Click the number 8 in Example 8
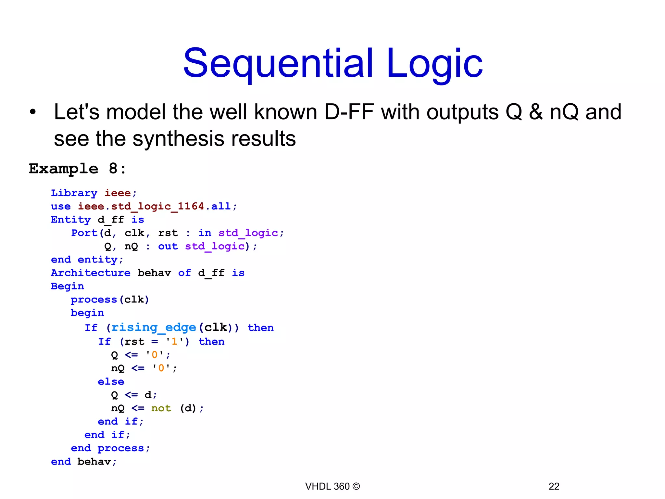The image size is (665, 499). click(x=113, y=169)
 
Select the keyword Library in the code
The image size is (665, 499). click(x=74, y=193)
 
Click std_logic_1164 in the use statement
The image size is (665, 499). click(x=157, y=206)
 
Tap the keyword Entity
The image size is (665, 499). click(x=70, y=220)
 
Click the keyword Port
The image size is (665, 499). click(x=84, y=233)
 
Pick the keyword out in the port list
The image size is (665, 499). click(x=168, y=246)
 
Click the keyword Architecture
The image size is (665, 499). click(x=91, y=273)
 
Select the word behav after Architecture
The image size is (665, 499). click(x=154, y=273)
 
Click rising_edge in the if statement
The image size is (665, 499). click(x=154, y=327)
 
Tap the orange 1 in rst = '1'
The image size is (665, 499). click(x=174, y=341)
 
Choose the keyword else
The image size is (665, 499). click(x=111, y=381)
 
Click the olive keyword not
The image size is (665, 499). click(x=161, y=408)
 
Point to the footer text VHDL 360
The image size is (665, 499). click(x=327, y=486)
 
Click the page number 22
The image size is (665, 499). click(x=554, y=486)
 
